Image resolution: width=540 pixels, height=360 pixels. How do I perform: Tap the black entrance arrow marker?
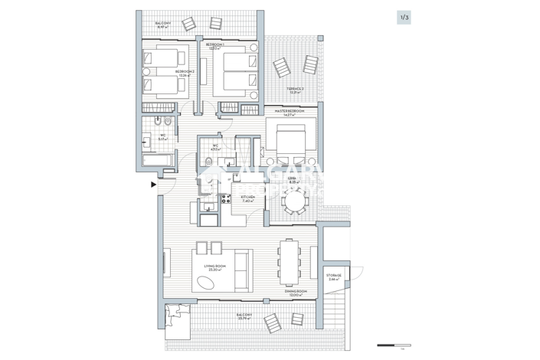[x=153, y=184]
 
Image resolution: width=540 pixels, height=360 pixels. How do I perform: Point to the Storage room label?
[x=333, y=277]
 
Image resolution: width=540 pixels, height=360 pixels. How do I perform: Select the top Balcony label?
[x=163, y=24]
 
